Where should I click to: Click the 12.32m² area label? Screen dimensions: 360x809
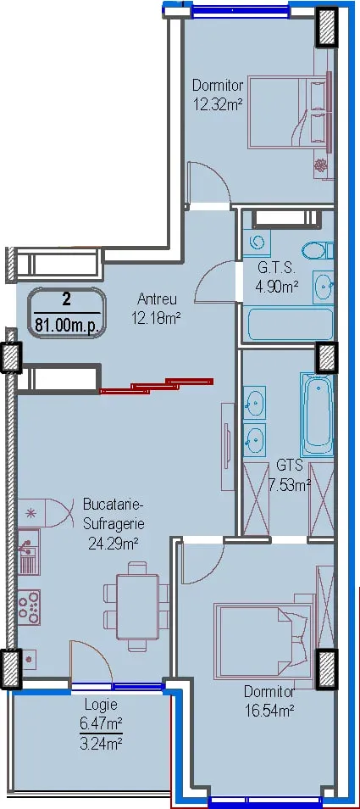(218, 105)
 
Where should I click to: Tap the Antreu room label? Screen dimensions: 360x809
(158, 298)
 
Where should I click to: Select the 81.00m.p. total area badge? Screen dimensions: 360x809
(67, 313)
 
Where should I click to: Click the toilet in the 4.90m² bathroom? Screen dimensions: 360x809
(314, 251)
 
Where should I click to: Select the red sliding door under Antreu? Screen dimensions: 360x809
(156, 385)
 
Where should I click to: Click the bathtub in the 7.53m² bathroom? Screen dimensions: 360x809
(317, 415)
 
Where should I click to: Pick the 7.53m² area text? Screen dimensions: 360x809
(290, 484)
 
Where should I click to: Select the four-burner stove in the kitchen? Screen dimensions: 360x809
(29, 607)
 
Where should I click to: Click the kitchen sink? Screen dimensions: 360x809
(29, 551)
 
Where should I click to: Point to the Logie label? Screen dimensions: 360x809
(101, 704)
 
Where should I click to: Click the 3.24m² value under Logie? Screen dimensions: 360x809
(101, 744)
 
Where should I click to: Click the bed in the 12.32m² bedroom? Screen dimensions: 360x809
(288, 110)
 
